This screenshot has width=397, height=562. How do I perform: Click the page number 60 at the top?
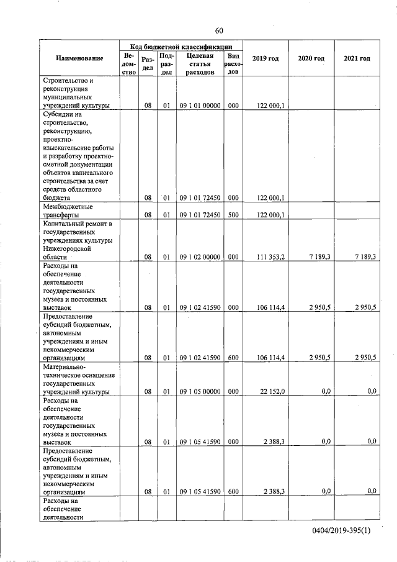point(219,31)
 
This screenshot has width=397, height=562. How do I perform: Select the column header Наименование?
point(79,58)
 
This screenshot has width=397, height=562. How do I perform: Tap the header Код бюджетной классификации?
point(181,46)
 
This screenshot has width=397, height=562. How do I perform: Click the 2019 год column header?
point(265,58)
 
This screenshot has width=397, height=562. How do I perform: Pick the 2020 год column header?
point(311,58)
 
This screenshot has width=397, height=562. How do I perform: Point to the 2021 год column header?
point(357,58)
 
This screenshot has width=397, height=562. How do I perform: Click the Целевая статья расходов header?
point(200,64)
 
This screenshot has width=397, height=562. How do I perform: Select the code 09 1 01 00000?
point(200,106)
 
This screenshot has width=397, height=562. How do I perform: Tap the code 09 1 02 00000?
point(200,256)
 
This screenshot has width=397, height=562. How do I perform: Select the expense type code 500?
point(233,215)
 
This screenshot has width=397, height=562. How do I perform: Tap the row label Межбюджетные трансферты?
point(68,211)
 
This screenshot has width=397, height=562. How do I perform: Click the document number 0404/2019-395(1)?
point(348,532)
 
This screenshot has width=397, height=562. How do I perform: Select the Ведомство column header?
point(128,64)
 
